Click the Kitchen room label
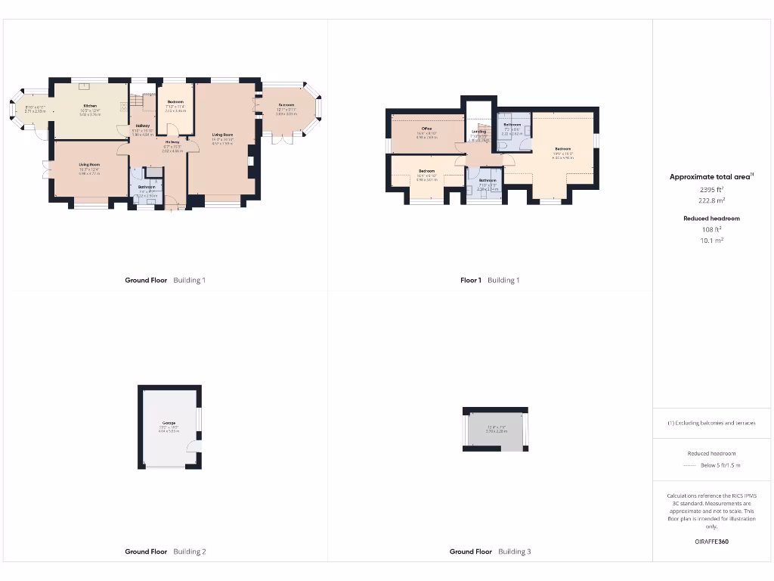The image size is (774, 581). click(90, 106)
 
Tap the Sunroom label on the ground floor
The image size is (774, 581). click(286, 105)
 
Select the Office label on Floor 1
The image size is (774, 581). click(426, 129)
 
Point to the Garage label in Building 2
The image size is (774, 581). click(169, 423)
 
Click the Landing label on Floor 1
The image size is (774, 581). click(478, 132)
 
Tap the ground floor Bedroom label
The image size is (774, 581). click(175, 102)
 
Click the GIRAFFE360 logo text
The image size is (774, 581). click(711, 542)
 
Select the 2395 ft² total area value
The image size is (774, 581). click(711, 190)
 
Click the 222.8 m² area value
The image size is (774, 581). click(711, 201)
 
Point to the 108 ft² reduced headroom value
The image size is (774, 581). click(711, 228)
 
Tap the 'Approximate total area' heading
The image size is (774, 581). click(709, 176)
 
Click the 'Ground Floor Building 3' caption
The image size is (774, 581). click(490, 551)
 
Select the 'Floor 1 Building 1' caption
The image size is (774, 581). click(490, 280)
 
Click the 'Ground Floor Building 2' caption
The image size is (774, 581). click(165, 551)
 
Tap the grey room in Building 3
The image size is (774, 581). click(496, 431)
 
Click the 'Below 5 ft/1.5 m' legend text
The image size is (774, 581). click(721, 465)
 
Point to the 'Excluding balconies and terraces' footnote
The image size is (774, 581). click(711, 423)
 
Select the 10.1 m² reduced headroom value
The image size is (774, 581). click(711, 240)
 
